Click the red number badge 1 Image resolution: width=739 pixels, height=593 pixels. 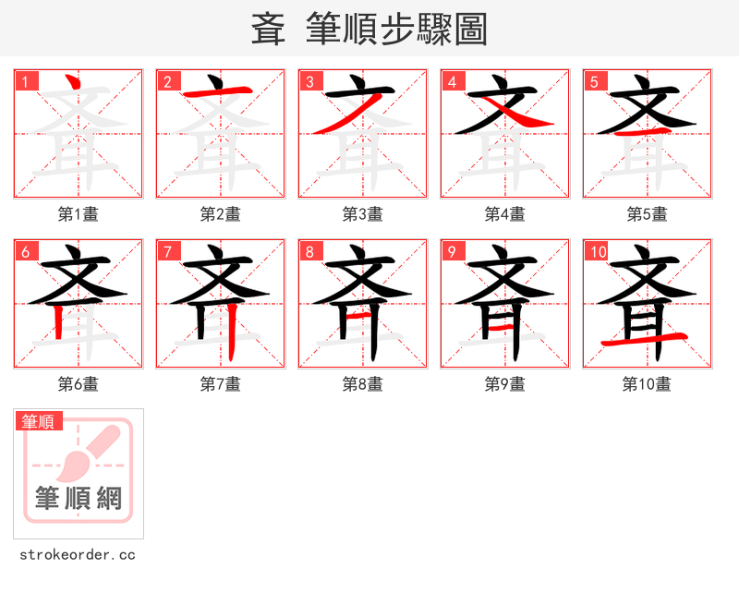[26, 81]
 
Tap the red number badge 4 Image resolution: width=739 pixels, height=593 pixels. [453, 81]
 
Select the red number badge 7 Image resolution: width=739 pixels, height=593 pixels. [168, 251]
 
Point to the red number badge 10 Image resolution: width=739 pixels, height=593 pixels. [598, 251]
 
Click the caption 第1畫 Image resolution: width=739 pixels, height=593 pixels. [79, 214]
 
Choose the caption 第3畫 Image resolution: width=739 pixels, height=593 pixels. [363, 214]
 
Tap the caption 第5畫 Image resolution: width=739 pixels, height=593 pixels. [648, 214]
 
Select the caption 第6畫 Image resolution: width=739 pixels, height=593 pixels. [79, 384]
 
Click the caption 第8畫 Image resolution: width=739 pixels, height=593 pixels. [363, 384]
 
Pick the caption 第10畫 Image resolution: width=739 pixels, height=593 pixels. [648, 384]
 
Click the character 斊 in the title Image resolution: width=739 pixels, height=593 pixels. [269, 30]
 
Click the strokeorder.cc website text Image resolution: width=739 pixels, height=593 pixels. [78, 555]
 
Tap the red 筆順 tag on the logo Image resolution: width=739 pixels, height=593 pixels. [39, 421]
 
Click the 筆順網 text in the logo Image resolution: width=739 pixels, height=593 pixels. [79, 499]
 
